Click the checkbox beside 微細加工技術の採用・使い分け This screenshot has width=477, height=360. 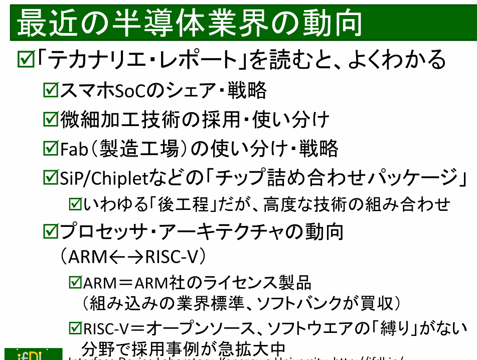pos(51,119)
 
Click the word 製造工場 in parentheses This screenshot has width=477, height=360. pos(139,148)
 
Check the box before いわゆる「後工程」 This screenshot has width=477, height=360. pos(75,204)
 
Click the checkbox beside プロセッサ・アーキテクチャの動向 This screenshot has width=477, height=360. pos(51,231)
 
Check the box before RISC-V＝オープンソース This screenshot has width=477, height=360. pos(75,329)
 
